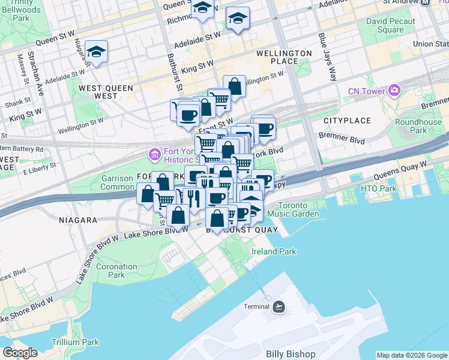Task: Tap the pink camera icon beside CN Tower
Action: click(x=394, y=91)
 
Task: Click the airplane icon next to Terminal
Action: click(x=279, y=307)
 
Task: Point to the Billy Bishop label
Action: click(x=291, y=354)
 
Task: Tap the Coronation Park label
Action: click(x=116, y=271)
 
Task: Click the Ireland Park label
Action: click(x=274, y=251)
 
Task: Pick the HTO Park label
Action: click(x=379, y=188)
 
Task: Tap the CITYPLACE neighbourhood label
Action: click(x=348, y=121)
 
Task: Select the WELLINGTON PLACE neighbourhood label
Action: click(x=284, y=58)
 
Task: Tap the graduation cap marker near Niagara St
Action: click(x=95, y=50)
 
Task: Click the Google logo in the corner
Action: click(x=20, y=352)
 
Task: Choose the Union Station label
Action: click(x=430, y=44)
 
